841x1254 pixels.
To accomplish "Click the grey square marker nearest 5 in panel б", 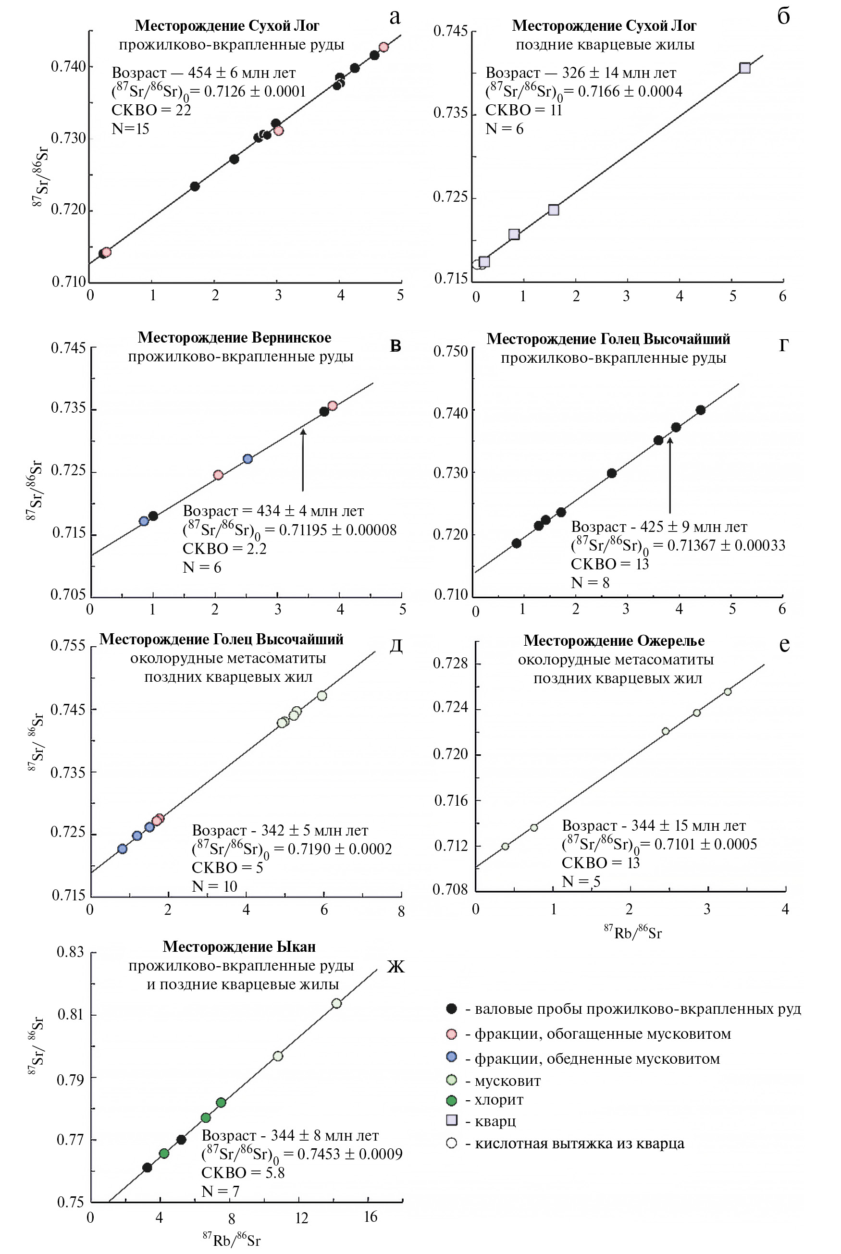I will (x=744, y=68).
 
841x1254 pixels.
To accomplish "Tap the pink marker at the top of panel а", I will (x=383, y=47).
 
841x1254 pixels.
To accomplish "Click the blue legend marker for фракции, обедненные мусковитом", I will (x=452, y=1057).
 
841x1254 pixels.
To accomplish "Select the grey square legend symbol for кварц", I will (x=452, y=1120).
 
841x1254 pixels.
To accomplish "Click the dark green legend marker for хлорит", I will (x=452, y=1100).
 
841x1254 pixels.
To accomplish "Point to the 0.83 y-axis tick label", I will (x=70, y=952).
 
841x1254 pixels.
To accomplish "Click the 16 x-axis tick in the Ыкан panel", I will (x=371, y=1217).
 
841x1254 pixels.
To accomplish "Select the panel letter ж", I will (x=396, y=967).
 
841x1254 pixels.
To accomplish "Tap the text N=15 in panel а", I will (x=130, y=129).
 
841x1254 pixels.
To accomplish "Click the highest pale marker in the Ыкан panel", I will (x=336, y=1003).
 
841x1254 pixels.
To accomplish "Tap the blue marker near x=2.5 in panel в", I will (x=247, y=459).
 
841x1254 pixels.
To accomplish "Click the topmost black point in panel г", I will (x=701, y=410).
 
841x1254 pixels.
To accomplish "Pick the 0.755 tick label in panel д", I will (x=68, y=645).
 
